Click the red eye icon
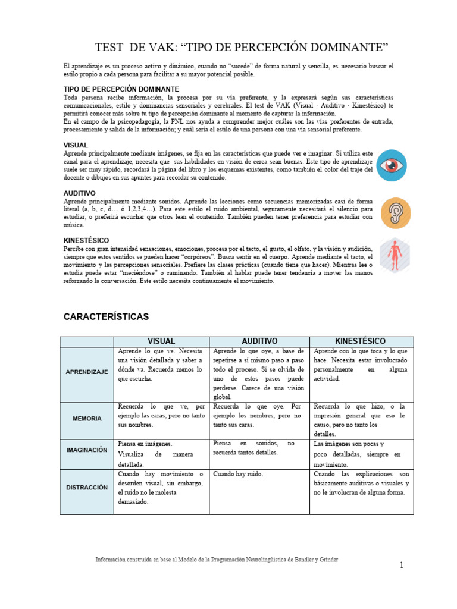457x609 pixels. (x=392, y=164)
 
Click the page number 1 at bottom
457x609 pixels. (x=401, y=565)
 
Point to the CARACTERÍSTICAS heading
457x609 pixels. (x=106, y=317)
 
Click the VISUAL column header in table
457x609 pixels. (x=161, y=341)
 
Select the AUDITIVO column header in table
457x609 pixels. (x=259, y=341)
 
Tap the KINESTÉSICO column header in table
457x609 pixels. (x=361, y=341)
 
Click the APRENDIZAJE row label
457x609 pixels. (x=87, y=372)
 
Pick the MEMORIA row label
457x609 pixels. (x=87, y=419)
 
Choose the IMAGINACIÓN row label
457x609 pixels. (x=87, y=450)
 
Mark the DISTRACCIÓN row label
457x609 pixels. (x=87, y=487)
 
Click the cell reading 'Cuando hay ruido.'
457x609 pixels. (x=238, y=475)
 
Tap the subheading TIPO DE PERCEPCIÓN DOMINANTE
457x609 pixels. (x=121, y=89)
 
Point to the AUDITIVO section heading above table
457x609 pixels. (x=80, y=193)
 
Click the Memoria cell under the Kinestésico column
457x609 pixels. (x=361, y=420)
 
